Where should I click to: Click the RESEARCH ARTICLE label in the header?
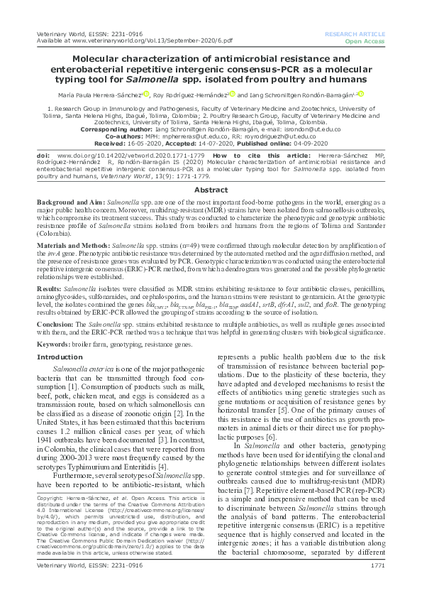354,33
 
